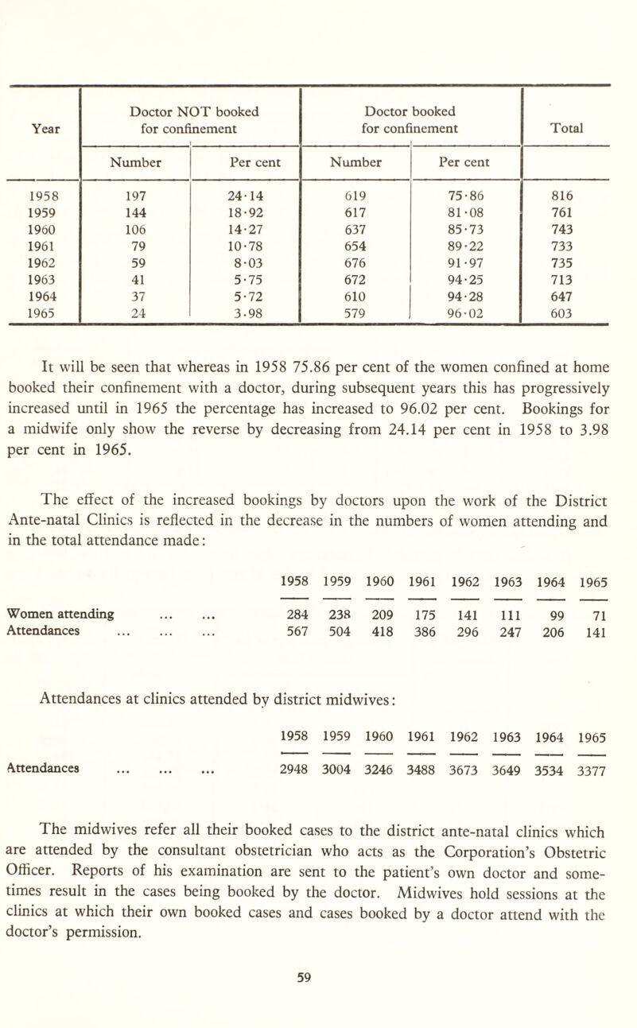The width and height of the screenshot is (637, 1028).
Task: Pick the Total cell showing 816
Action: (x=566, y=192)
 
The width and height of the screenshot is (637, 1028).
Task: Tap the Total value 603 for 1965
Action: (x=566, y=302)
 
